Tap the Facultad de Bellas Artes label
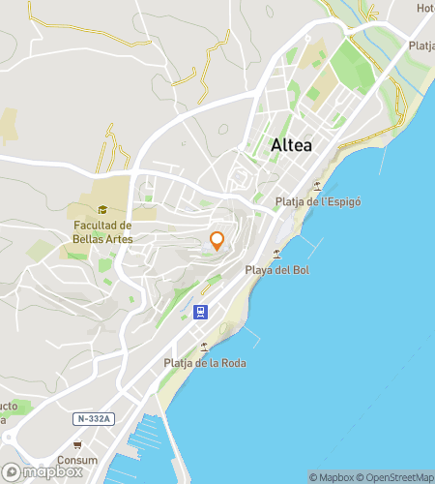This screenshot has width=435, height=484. [102, 232]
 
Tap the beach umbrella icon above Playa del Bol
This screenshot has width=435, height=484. [277, 254]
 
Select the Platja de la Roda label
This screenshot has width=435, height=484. [205, 363]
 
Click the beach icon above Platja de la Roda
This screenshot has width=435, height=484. [204, 347]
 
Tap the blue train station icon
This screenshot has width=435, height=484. [199, 312]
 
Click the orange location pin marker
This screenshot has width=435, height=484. [217, 241]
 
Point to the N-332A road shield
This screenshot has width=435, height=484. [94, 418]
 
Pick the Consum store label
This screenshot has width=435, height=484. [77, 460]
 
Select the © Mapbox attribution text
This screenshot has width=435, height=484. [332, 476]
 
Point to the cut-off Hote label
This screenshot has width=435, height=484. [425, 8]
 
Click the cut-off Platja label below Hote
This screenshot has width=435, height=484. [421, 45]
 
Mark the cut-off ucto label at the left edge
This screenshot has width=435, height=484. [8, 406]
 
